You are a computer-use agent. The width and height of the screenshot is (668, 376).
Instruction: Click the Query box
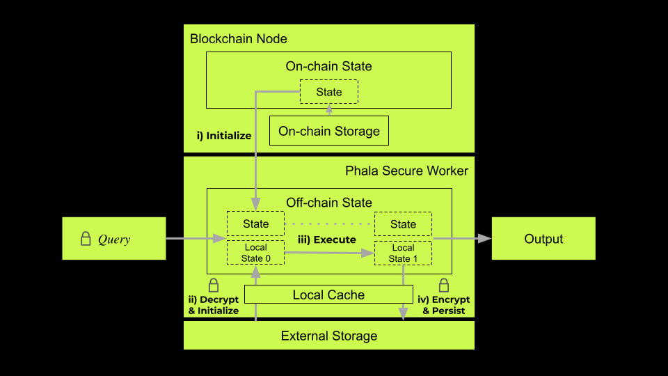click(x=114, y=239)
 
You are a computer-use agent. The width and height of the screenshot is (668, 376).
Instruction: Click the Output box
click(x=543, y=239)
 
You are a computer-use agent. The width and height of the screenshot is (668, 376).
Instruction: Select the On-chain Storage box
click(x=329, y=131)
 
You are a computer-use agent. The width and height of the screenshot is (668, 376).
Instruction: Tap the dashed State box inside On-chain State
click(x=329, y=92)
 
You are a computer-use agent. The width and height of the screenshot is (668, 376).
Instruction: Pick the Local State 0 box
click(x=256, y=253)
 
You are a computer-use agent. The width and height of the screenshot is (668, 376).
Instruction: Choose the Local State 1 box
click(x=403, y=253)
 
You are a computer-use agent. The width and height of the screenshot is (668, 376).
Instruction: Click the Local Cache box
click(x=328, y=295)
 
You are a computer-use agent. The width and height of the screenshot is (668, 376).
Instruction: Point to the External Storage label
click(x=329, y=336)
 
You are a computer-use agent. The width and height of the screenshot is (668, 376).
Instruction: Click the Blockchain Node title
click(x=239, y=38)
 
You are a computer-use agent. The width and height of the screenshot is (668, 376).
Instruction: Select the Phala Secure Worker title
click(x=406, y=171)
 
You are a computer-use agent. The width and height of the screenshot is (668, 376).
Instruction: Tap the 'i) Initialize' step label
click(x=223, y=136)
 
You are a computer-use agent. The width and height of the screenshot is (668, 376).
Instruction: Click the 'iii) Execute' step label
click(x=327, y=240)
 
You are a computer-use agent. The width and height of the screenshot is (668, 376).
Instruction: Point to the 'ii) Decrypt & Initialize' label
click(x=214, y=305)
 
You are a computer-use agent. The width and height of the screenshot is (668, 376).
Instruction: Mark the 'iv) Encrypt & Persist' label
click(x=443, y=305)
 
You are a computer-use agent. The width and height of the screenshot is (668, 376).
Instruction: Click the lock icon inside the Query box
click(x=86, y=239)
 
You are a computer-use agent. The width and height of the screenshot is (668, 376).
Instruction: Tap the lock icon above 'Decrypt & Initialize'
click(x=214, y=285)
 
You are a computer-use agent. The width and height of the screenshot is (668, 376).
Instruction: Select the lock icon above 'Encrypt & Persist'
click(x=443, y=285)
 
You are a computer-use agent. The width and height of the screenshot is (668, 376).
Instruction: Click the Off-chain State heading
click(x=329, y=203)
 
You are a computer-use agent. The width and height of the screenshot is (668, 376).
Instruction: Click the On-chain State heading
click(x=329, y=67)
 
